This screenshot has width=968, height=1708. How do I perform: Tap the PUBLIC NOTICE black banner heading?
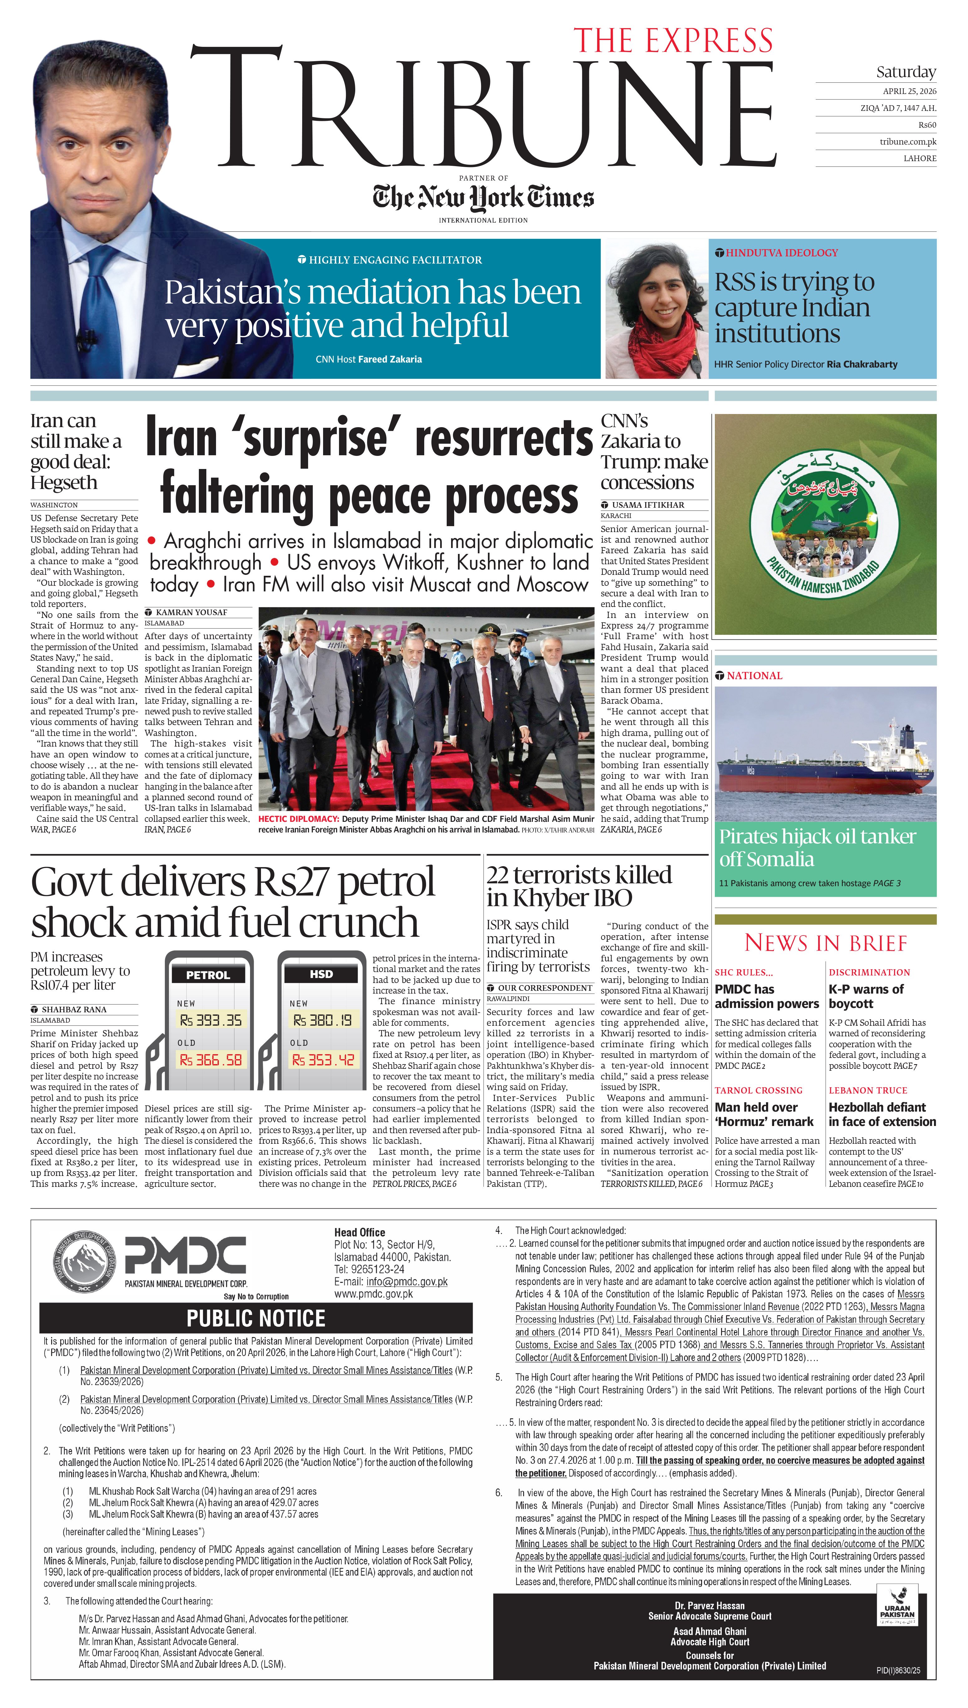(256, 1318)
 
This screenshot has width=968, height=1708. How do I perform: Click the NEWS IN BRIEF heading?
(825, 943)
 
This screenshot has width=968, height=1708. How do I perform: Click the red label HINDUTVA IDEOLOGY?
(781, 253)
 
